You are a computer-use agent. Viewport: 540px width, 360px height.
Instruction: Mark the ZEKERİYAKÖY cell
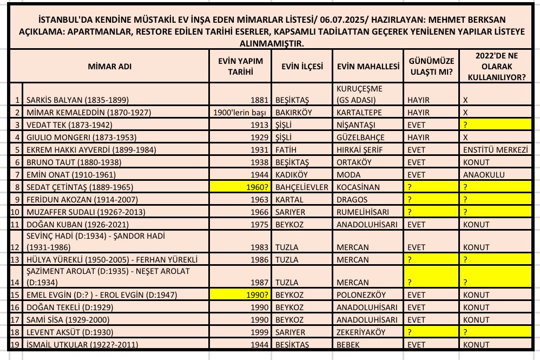(x=362, y=332)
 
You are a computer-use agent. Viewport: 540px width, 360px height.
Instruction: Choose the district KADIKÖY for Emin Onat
(x=293, y=174)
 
